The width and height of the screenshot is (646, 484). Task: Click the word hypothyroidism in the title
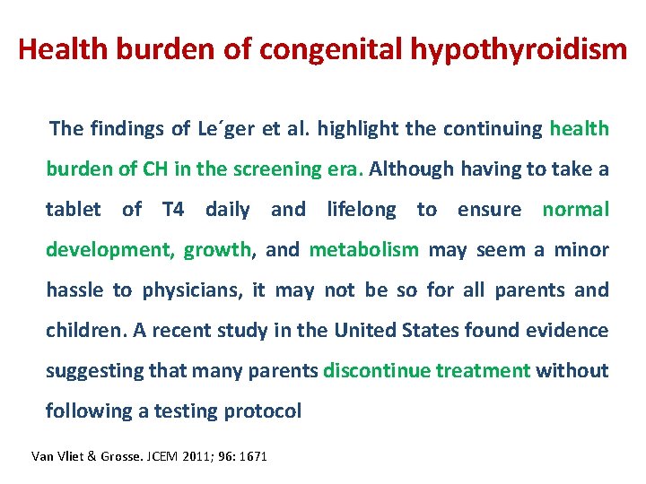tap(519, 49)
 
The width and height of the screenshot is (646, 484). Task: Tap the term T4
tap(173, 209)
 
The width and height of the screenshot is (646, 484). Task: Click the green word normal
tap(575, 209)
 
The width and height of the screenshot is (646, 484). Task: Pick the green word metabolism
tap(363, 249)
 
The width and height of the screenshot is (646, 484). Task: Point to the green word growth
tap(218, 249)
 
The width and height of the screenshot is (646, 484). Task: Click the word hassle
tap(75, 290)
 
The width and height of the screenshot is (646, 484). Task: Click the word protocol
tap(265, 411)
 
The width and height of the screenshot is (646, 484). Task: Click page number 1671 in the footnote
tap(252, 456)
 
